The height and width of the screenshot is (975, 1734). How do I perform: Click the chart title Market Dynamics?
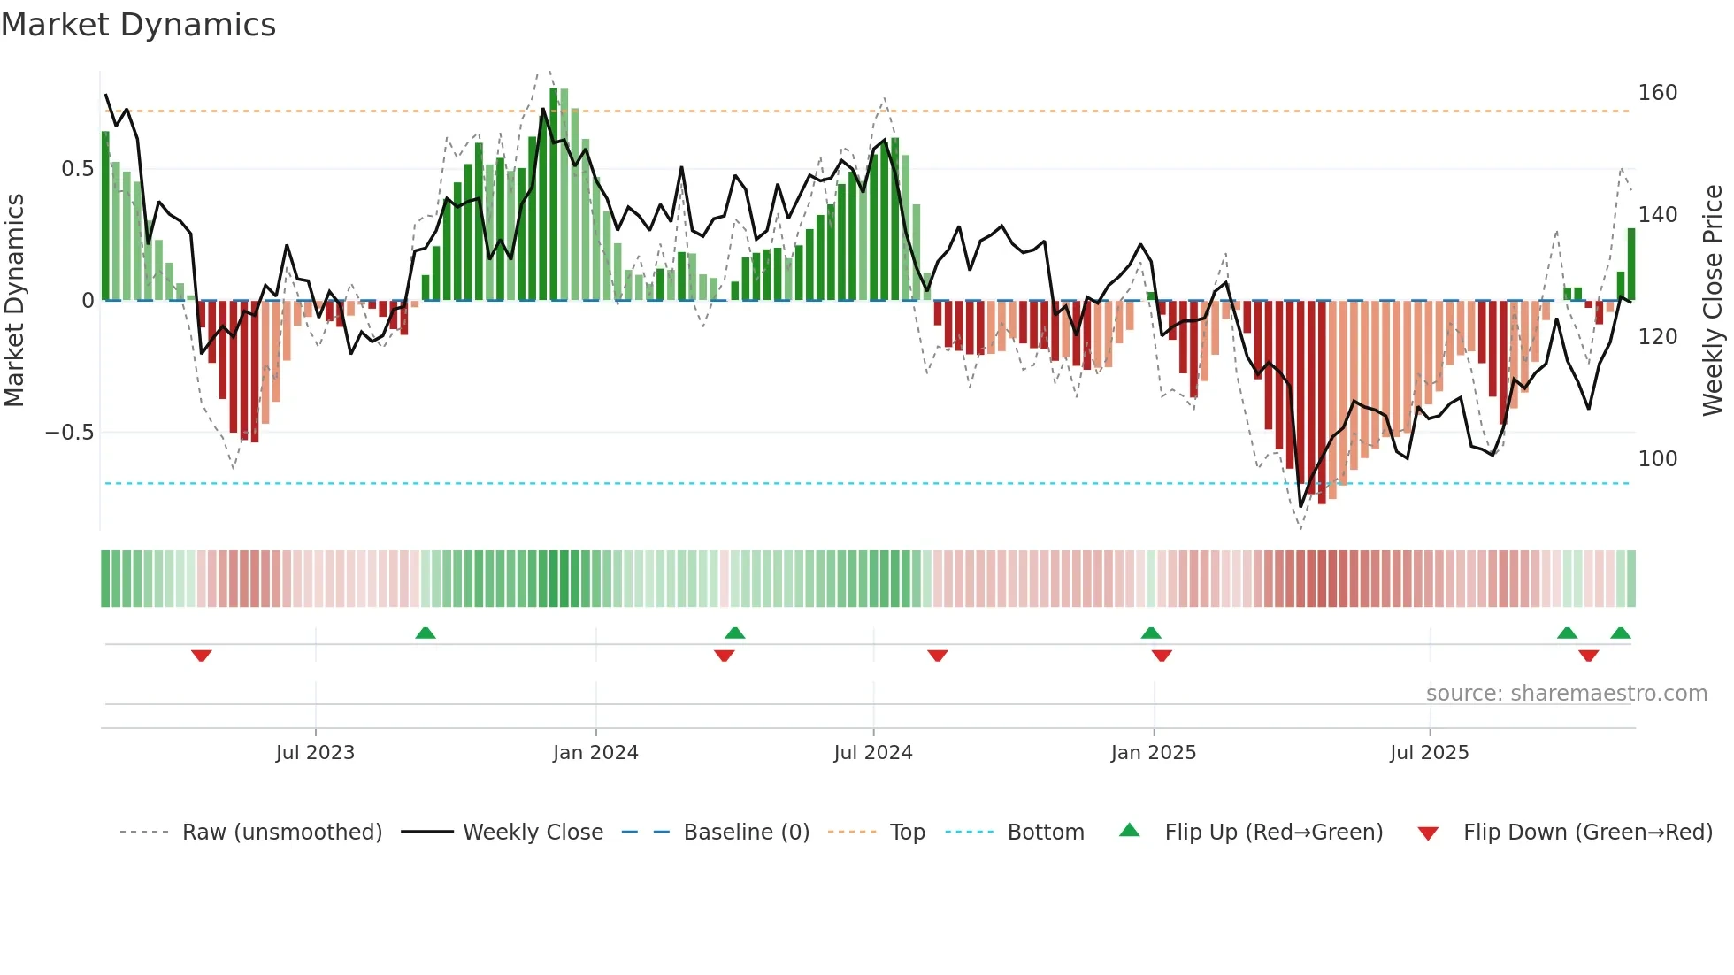point(139,25)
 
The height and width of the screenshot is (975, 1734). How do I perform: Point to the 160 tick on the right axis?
point(1657,93)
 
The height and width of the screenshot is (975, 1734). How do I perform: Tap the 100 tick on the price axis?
point(1657,459)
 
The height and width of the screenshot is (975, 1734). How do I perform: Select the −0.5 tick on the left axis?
point(69,433)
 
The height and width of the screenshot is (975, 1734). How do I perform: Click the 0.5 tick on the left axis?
point(77,169)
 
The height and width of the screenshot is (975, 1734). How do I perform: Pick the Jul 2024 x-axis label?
point(872,753)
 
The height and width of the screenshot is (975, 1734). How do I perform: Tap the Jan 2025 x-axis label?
point(1153,753)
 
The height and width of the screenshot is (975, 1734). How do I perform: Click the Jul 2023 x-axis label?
point(315,753)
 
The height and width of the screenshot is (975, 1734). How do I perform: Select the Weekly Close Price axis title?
point(1713,300)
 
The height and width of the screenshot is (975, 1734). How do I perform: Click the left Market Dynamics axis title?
point(15,300)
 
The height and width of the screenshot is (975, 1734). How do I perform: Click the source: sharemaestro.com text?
point(1566,694)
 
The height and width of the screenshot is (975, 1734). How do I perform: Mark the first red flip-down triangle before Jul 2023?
point(202,656)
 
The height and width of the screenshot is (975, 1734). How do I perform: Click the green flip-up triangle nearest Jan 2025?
point(1151,633)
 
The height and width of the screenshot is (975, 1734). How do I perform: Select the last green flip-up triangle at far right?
point(1621,633)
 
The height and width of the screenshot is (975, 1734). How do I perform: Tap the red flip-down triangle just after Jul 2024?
point(938,656)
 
